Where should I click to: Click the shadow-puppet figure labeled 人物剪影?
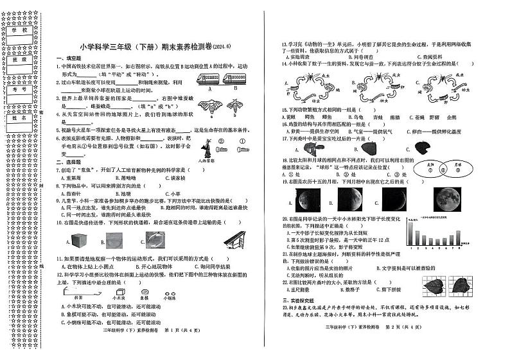(x=205, y=150)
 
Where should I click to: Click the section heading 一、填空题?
(x=68, y=58)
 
